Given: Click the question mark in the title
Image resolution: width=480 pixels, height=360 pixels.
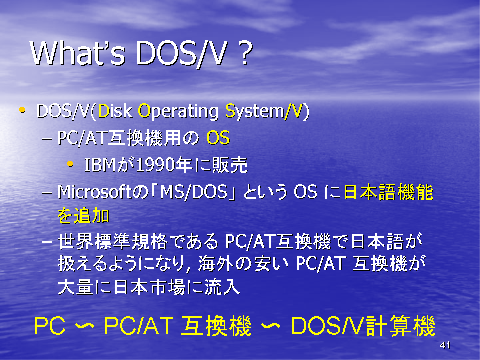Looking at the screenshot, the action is pyautogui.click(x=245, y=54).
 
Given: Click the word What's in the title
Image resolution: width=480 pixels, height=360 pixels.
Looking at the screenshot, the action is pyautogui.click(x=78, y=53).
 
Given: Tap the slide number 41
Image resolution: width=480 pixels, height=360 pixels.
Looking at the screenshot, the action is pyautogui.click(x=445, y=345).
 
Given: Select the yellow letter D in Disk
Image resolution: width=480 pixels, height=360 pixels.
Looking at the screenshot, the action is pyautogui.click(x=104, y=111).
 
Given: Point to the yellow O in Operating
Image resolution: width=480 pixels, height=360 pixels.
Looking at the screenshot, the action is pyautogui.click(x=144, y=111).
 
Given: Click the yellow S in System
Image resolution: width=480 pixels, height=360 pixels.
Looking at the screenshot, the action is pyautogui.click(x=230, y=111).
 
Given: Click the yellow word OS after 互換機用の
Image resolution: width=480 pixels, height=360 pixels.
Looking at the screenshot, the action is pyautogui.click(x=218, y=138).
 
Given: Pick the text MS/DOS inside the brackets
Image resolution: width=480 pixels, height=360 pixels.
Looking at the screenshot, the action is pyautogui.click(x=194, y=192).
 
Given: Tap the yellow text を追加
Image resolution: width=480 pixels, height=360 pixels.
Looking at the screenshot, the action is pyautogui.click(x=83, y=216).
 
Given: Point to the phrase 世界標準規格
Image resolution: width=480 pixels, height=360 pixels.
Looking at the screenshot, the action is pyautogui.click(x=112, y=241).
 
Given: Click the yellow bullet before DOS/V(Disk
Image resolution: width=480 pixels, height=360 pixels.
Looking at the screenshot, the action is pyautogui.click(x=22, y=110).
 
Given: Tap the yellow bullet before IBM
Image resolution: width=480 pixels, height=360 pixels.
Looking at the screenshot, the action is pyautogui.click(x=70, y=164).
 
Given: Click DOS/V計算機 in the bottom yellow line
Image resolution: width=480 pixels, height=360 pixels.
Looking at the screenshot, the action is pyautogui.click(x=363, y=326).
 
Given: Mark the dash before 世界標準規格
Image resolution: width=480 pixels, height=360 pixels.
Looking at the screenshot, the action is pyautogui.click(x=47, y=242).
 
